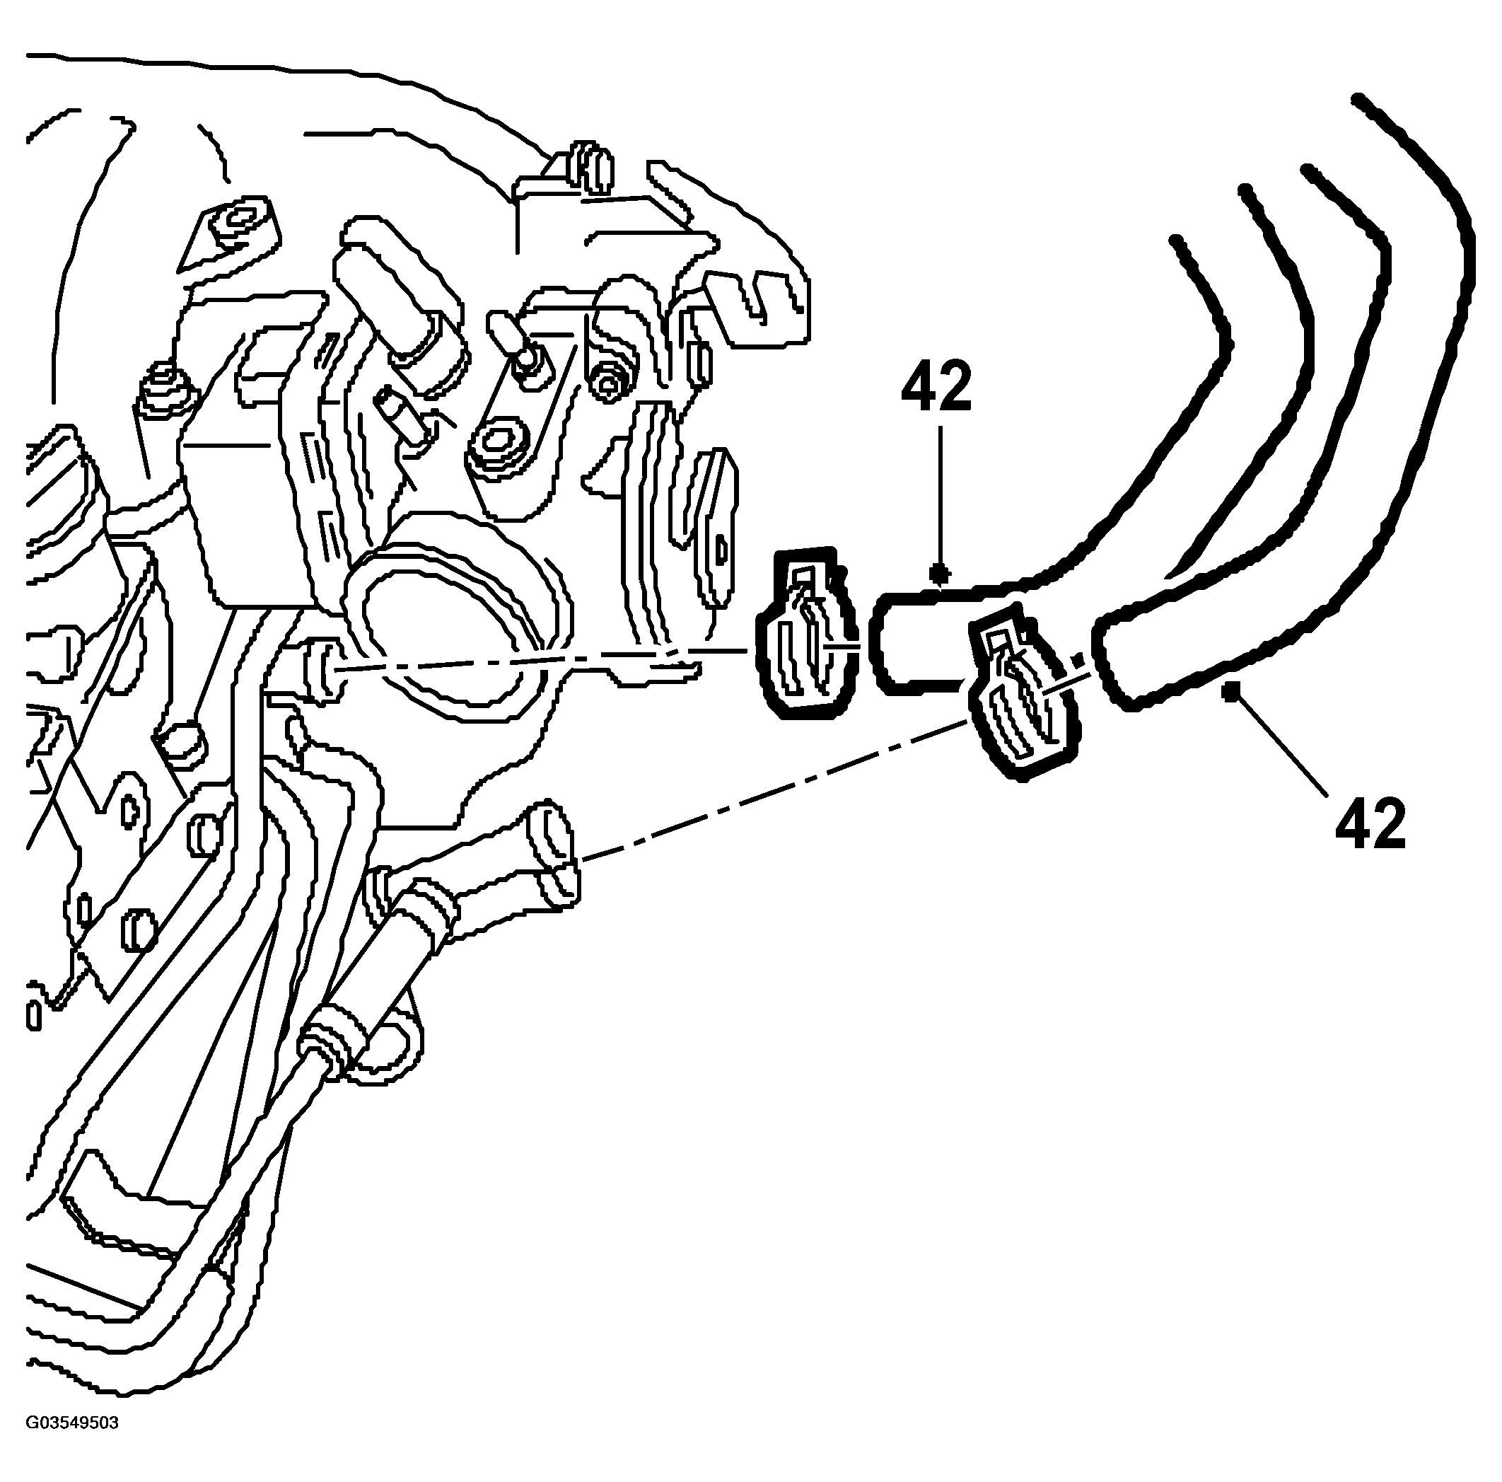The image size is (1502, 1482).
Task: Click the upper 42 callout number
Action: click(937, 386)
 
